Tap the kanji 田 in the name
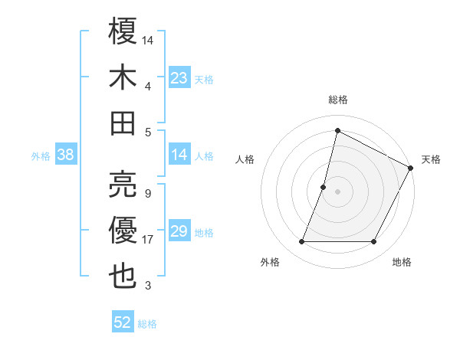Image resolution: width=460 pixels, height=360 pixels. coord(123,123)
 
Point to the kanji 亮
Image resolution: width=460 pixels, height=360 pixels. coord(123,182)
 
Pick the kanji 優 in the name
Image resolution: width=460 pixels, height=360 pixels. coord(123,229)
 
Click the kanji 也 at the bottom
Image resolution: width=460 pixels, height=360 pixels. coord(123,275)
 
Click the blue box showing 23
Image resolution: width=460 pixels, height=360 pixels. coord(179,77)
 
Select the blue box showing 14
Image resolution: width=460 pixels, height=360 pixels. coord(179,155)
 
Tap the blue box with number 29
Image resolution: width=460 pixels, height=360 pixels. coord(179,231)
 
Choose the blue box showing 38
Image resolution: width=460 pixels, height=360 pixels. coord(65,155)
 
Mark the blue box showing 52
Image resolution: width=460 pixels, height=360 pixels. coord(123,322)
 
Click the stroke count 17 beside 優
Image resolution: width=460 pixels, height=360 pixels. coord(148,240)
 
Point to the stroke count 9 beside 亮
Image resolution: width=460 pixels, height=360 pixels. coord(147,193)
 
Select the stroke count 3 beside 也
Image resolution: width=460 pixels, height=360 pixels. coord(147,286)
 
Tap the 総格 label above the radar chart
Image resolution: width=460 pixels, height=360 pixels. coord(337,100)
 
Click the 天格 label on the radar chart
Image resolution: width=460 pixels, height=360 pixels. coord(431,159)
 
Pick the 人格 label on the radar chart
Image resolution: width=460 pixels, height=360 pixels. coord(245,159)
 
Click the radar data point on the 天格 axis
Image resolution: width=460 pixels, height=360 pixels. coord(411,168)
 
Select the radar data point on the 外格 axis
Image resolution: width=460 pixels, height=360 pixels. coord(301,242)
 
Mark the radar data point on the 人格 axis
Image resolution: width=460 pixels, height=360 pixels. coord(324,187)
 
